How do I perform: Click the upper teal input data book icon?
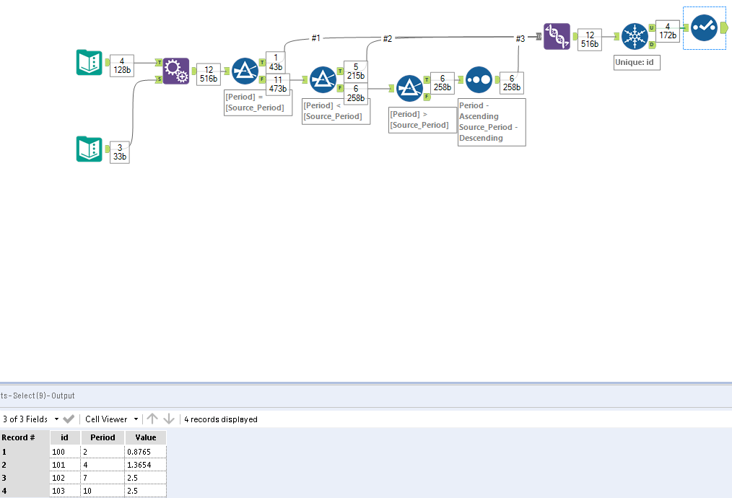click(x=90, y=64)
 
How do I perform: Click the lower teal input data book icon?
click(x=90, y=149)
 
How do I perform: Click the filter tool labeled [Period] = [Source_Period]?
click(x=245, y=71)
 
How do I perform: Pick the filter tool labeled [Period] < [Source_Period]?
click(x=323, y=79)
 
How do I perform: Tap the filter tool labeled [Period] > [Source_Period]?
click(x=409, y=88)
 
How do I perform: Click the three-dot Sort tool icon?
click(x=478, y=79)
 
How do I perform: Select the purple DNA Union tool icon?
click(x=557, y=37)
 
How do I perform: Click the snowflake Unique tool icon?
click(x=635, y=37)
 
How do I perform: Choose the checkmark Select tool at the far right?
click(x=704, y=28)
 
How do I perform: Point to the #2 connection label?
click(x=388, y=38)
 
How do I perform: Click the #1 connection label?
click(x=315, y=38)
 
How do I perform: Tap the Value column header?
click(x=145, y=437)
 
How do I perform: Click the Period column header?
click(x=103, y=437)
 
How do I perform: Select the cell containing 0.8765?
click(x=145, y=451)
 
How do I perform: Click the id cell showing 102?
click(x=65, y=478)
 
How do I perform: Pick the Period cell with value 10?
click(x=103, y=491)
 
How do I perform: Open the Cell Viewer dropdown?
click(x=112, y=419)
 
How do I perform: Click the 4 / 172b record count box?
click(x=667, y=30)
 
